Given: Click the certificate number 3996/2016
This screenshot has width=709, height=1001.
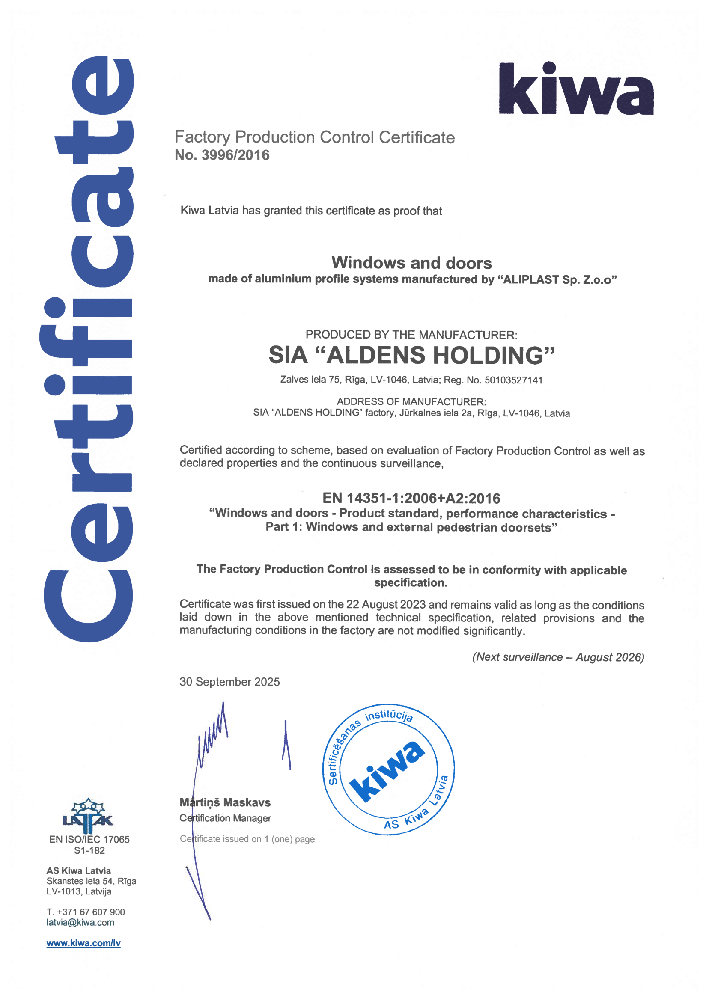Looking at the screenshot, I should [x=235, y=155].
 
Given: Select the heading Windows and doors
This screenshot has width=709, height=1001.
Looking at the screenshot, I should [x=411, y=263].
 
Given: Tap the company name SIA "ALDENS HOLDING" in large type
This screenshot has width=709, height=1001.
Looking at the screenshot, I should [x=411, y=355].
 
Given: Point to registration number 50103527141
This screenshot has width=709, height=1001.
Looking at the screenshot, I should [x=513, y=380].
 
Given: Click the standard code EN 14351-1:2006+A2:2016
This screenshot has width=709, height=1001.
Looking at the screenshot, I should [x=411, y=498].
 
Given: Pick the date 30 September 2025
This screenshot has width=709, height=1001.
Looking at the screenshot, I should [x=229, y=682].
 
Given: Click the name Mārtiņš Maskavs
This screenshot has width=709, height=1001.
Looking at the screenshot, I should [x=225, y=802].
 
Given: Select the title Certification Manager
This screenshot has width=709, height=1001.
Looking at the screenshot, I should [x=225, y=818].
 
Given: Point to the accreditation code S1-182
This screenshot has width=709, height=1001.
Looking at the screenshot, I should [x=89, y=850].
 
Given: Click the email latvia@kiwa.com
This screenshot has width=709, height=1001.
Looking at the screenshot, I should [x=80, y=922].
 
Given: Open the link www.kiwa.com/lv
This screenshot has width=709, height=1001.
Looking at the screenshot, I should [x=83, y=943].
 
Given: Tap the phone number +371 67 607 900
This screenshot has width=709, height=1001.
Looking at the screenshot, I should [x=91, y=912].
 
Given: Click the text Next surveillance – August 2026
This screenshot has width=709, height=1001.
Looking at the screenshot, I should [x=558, y=657].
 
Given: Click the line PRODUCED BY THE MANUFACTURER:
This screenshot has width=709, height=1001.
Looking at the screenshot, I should [x=411, y=335].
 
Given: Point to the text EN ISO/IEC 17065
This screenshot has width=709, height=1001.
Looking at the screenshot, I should [x=89, y=840].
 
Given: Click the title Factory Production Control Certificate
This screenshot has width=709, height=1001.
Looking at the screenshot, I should [x=314, y=137].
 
